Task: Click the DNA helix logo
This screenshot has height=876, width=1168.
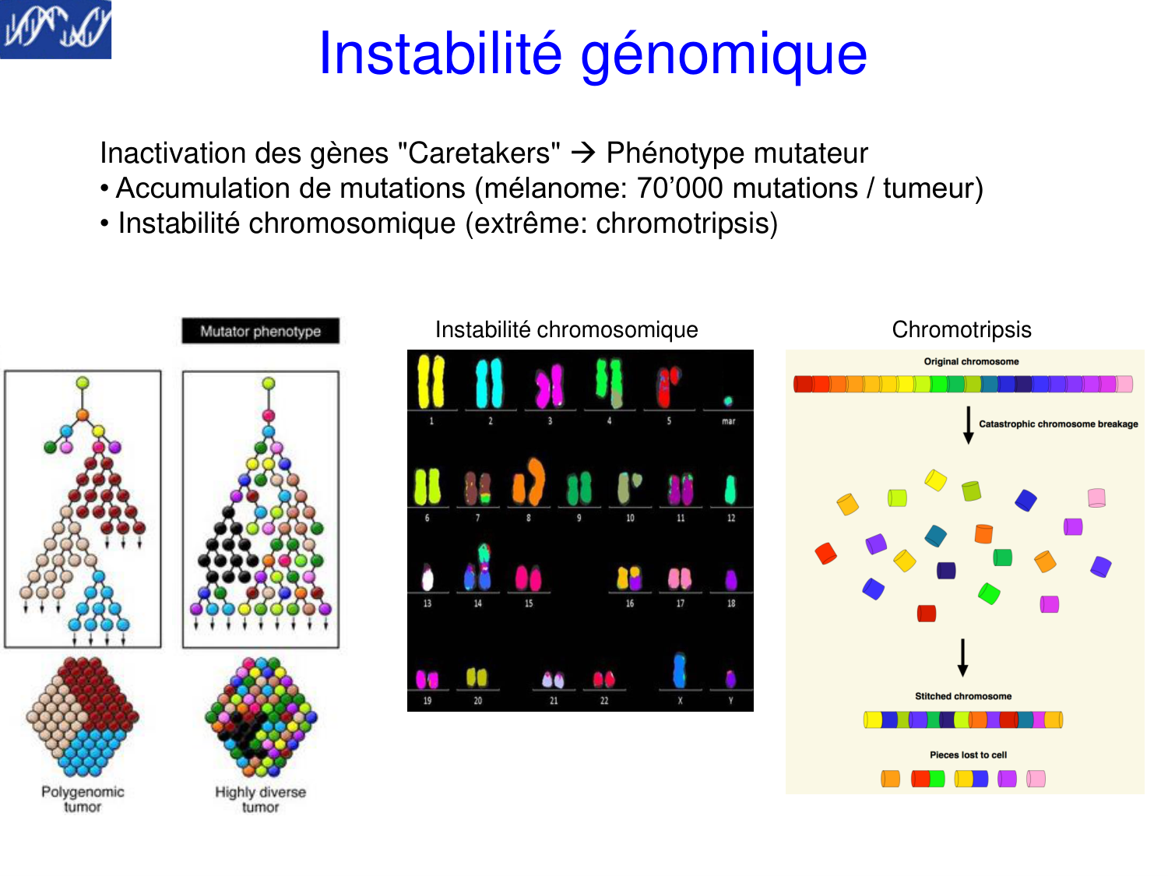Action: [x=55, y=30]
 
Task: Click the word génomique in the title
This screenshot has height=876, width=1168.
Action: [x=723, y=55]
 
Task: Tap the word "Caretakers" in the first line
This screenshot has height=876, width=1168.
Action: [x=479, y=153]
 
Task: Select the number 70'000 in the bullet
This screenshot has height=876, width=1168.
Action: [x=680, y=188]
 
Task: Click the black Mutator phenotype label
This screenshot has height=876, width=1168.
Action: [x=260, y=331]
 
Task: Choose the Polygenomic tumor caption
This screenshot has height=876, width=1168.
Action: [x=83, y=800]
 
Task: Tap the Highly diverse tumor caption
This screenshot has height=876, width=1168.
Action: [x=260, y=800]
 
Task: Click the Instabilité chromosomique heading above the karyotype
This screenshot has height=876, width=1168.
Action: [x=566, y=329]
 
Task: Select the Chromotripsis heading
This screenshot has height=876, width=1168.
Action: [x=961, y=329]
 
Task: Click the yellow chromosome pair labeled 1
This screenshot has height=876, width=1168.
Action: [x=431, y=381]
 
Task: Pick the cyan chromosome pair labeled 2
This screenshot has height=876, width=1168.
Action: [x=489, y=383]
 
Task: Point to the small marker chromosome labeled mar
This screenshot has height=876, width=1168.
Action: [x=727, y=401]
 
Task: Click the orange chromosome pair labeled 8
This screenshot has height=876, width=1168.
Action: [x=529, y=482]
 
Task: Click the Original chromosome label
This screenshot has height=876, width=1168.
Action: [x=970, y=361]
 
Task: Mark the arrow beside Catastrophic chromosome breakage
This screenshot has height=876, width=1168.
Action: [x=968, y=424]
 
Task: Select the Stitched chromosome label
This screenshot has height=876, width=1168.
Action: [x=962, y=695]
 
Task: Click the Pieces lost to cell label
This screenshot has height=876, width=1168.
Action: [x=968, y=755]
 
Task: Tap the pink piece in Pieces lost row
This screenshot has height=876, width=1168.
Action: [x=1035, y=779]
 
